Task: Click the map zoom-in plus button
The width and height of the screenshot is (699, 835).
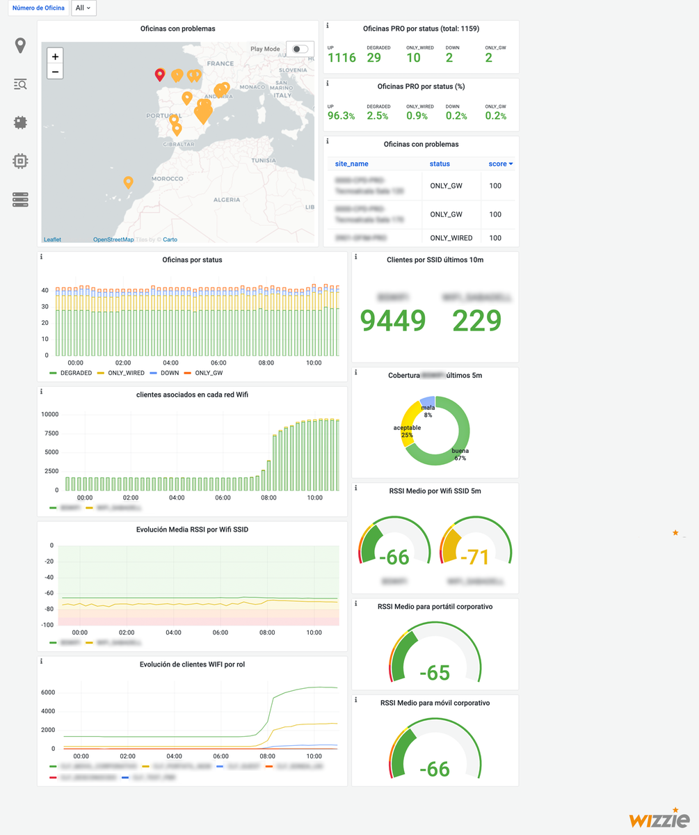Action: point(55,56)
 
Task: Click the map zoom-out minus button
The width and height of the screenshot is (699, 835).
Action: point(55,72)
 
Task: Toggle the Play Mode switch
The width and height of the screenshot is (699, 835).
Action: point(300,49)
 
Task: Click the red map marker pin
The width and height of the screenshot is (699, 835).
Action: point(160,74)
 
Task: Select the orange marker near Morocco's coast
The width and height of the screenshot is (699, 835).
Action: point(128,182)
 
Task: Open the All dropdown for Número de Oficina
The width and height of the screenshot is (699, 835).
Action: point(83,8)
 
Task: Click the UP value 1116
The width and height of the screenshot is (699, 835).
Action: point(342,58)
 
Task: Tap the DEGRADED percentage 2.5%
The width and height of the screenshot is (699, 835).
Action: point(377,116)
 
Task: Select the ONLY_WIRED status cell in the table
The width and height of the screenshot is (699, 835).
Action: point(451,238)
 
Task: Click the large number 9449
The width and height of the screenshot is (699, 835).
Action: point(392,321)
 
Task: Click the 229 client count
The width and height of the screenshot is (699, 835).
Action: point(476,321)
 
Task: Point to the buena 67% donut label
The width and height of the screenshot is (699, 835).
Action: point(460,454)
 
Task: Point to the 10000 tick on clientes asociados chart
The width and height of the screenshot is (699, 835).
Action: point(49,415)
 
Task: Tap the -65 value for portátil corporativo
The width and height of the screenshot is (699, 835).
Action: point(435,673)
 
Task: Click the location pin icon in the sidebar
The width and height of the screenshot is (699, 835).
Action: point(20,46)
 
